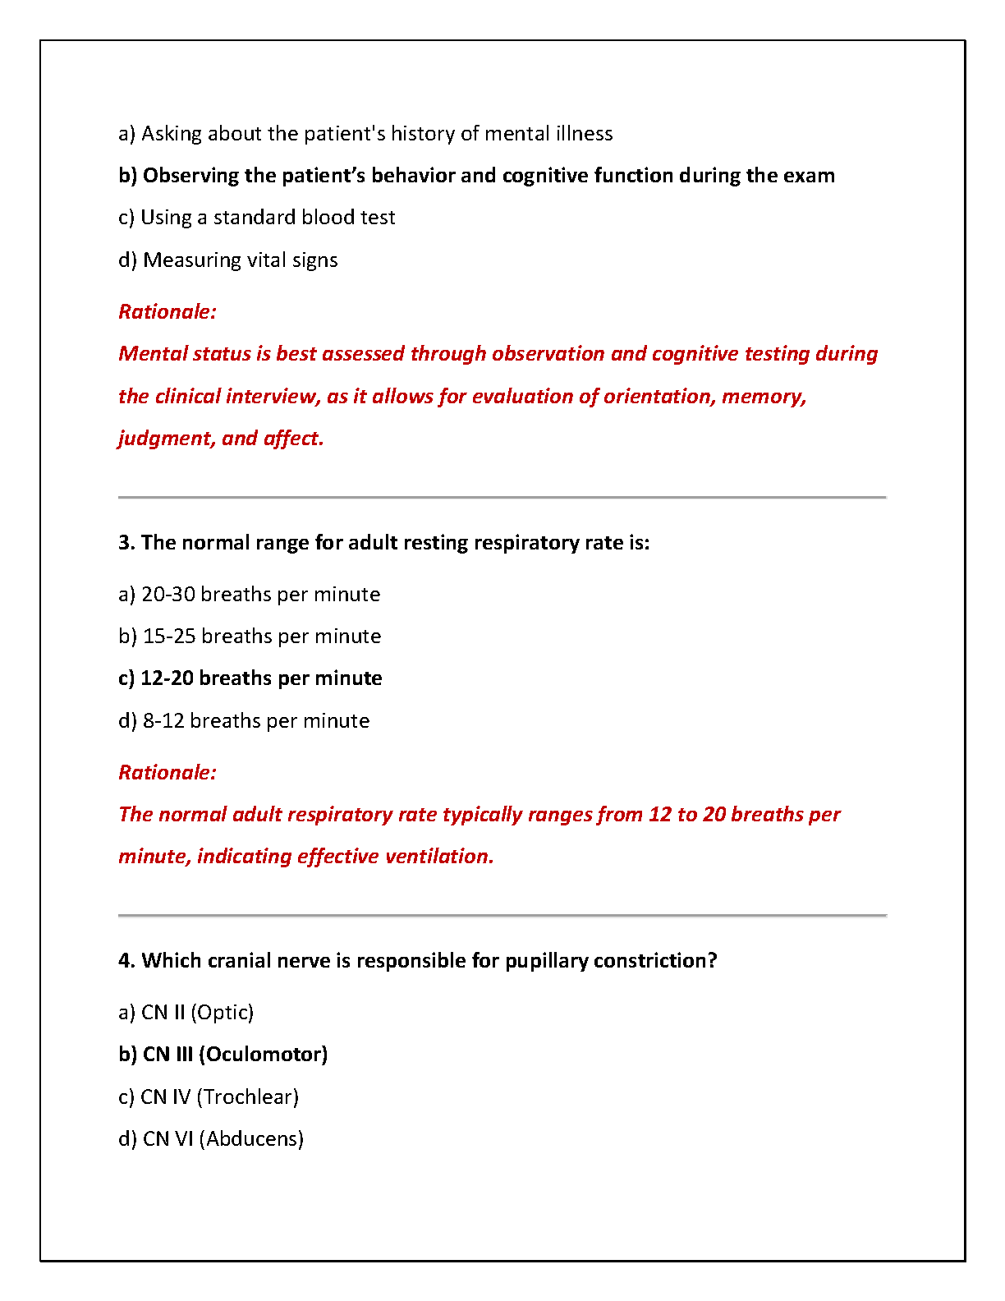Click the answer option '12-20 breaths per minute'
point(250,678)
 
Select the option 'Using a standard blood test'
point(257,218)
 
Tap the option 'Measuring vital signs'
point(228,260)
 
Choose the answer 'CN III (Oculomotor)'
point(223,1055)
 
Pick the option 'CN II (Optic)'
point(186,1013)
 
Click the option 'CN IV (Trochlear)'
point(209,1097)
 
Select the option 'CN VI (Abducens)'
point(211,1139)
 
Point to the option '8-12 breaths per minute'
point(244,721)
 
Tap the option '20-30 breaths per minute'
point(250,595)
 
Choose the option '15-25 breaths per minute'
point(250,637)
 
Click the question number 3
point(126,543)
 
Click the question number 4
point(126,961)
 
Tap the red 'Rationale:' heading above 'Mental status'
point(167,312)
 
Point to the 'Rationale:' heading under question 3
point(167,773)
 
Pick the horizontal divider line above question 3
point(502,498)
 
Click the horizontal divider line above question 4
point(502,915)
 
